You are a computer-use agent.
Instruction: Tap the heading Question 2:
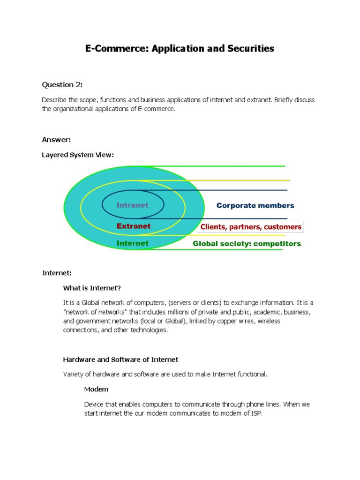[62, 85]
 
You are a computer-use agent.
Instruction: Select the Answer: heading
[56, 140]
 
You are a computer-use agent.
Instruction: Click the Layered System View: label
[78, 155]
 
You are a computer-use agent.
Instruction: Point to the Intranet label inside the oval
[132, 205]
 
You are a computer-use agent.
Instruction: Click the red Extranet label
[134, 226]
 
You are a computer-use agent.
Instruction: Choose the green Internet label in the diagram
[132, 243]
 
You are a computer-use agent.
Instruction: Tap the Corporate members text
[255, 206]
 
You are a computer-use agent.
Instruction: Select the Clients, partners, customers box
[251, 227]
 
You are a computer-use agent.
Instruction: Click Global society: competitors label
[247, 244]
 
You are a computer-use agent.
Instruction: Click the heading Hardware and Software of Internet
[120, 360]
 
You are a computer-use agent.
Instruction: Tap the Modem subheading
[96, 389]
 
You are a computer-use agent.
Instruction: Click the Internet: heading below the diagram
[57, 273]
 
